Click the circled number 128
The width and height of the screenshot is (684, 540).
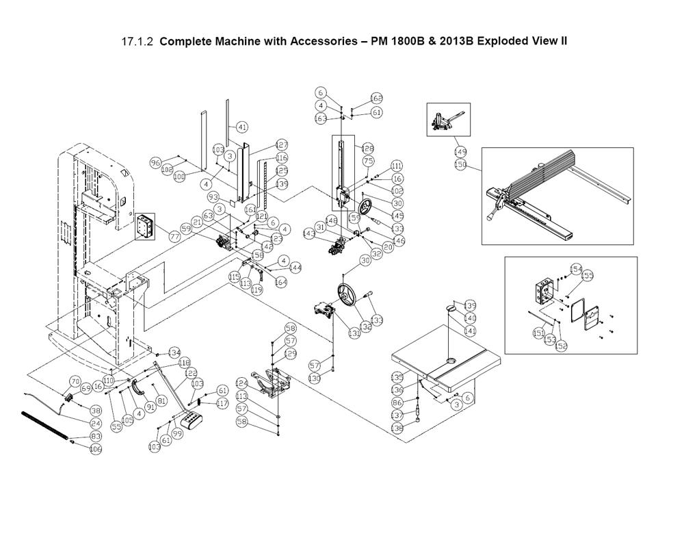367,149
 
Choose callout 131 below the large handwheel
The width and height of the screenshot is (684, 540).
354,334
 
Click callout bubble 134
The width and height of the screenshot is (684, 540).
174,352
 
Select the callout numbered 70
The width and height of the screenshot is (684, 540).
75,381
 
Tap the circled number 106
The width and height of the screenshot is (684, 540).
96,449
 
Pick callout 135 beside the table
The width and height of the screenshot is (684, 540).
397,377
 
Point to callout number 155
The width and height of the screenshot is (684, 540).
588,276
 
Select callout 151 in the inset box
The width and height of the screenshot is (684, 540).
538,333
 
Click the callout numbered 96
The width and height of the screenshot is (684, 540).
155,163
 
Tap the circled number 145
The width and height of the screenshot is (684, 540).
397,216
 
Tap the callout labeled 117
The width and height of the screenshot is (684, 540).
222,403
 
